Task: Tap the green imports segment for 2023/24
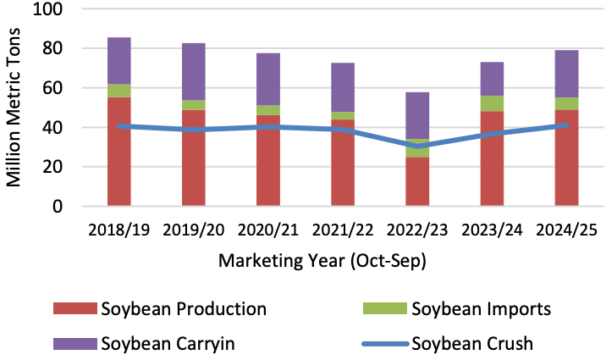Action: point(492,103)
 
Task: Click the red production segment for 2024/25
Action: point(566,165)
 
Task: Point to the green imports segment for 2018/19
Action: point(119,91)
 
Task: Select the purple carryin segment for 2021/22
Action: point(343,86)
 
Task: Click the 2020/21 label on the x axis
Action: point(268,230)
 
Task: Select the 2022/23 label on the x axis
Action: point(417,230)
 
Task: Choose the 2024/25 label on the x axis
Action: point(566,230)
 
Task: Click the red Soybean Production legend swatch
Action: point(74,308)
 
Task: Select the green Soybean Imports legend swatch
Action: point(387,308)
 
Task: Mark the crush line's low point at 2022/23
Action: point(417,147)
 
